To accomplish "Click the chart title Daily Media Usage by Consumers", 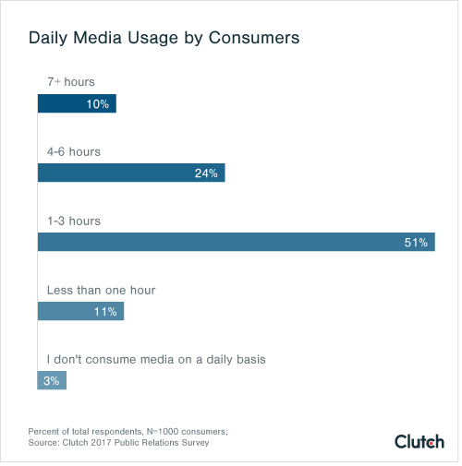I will (x=164, y=40).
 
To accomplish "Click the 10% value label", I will (x=98, y=103).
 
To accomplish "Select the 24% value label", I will (x=206, y=173).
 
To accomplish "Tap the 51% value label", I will (x=416, y=242).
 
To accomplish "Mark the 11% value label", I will (x=105, y=311).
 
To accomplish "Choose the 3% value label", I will (x=52, y=380).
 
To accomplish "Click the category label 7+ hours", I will (x=72, y=82).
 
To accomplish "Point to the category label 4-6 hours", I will (x=74, y=151).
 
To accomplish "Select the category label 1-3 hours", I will (x=74, y=221).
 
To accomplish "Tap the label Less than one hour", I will (x=101, y=290).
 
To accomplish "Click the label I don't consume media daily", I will (x=156, y=359).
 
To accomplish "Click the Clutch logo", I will (x=419, y=441).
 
